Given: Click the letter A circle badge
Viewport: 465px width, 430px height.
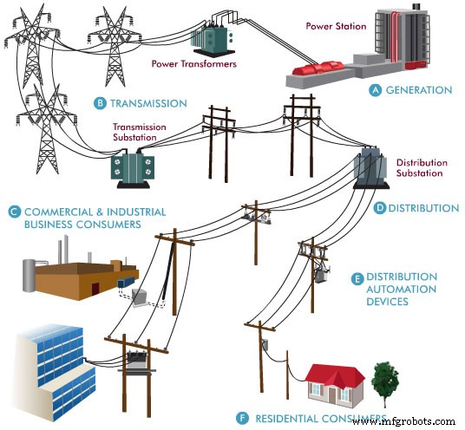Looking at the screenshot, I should (376, 90).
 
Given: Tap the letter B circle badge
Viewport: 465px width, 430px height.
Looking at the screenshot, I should (100, 103).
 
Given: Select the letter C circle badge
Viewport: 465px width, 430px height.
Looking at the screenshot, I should (13, 211).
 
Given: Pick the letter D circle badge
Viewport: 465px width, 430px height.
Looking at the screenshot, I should (379, 208).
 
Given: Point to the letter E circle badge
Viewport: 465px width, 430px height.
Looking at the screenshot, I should (357, 278).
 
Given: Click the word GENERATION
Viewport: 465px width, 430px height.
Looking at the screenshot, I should (421, 90).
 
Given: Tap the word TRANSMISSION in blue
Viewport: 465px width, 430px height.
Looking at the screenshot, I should (149, 103).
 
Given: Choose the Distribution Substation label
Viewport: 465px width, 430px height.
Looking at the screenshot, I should (420, 167).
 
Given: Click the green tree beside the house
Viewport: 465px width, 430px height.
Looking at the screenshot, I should (383, 375).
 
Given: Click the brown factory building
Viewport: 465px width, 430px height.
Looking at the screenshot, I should (78, 270).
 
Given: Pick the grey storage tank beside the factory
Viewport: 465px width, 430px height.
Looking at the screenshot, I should (29, 277).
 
